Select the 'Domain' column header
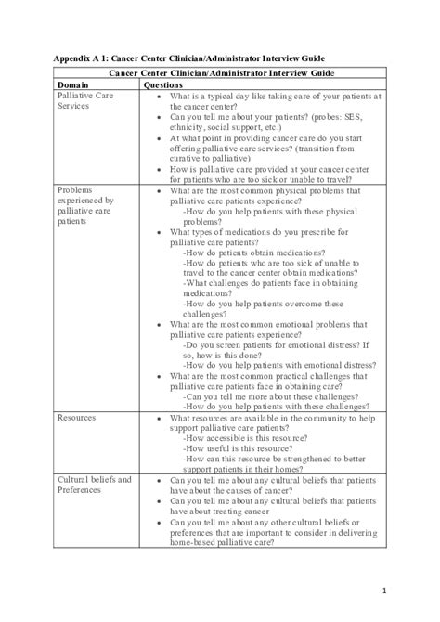point(73,84)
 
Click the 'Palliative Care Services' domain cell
point(87,101)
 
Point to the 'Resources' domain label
point(77,418)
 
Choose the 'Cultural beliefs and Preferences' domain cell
point(94,485)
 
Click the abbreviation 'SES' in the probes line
point(322,119)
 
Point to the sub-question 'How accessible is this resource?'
point(251,438)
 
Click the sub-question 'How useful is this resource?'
point(239,448)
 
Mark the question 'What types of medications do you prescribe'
point(264,232)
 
